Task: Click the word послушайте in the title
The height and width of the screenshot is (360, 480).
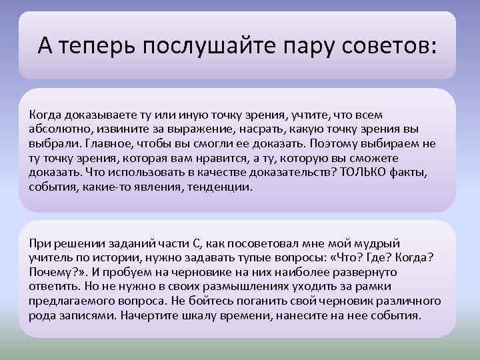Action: pyautogui.click(x=207, y=46)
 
